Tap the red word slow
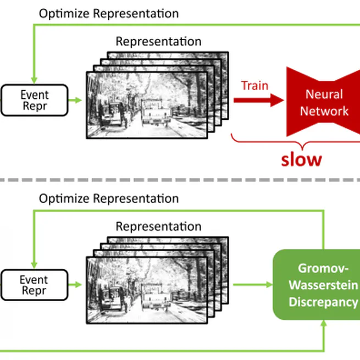301,159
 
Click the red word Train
254,85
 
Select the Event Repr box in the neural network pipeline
34,100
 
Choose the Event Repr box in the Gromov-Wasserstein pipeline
34,285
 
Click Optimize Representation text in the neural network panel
108,13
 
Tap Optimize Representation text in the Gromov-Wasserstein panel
108,198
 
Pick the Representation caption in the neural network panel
158,41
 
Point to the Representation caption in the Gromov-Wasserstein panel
158,226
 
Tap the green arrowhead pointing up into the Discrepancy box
323,325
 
